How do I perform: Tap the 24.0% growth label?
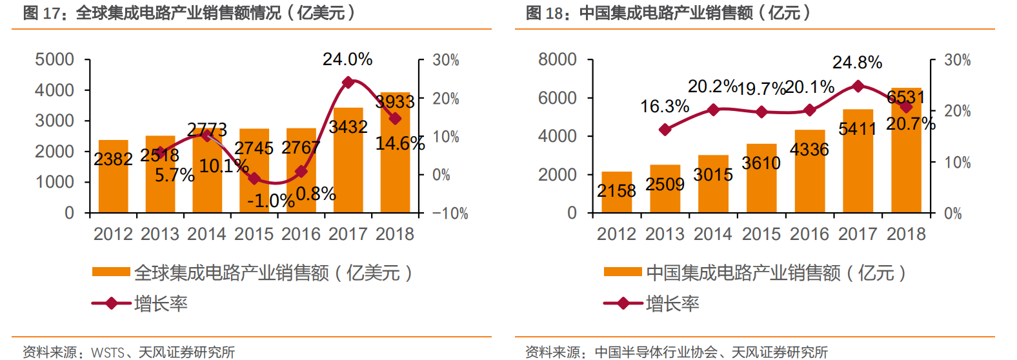pos(347,59)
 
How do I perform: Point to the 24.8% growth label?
pos(857,63)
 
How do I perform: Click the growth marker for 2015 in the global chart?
pos(254,178)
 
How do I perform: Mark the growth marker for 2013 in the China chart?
pos(665,130)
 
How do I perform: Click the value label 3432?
pos(348,127)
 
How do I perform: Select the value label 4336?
pos(809,150)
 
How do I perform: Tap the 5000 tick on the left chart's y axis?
pos(54,60)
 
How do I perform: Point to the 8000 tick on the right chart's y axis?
pos(557,60)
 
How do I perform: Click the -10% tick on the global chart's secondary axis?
pos(450,214)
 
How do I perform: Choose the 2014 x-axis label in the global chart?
pos(206,234)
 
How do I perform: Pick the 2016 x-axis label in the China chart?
pos(809,234)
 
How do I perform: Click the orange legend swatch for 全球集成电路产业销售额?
pos(111,272)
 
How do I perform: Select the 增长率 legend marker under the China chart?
pos(623,303)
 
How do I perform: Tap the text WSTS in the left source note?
pos(108,352)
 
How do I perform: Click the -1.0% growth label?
pos(270,201)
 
